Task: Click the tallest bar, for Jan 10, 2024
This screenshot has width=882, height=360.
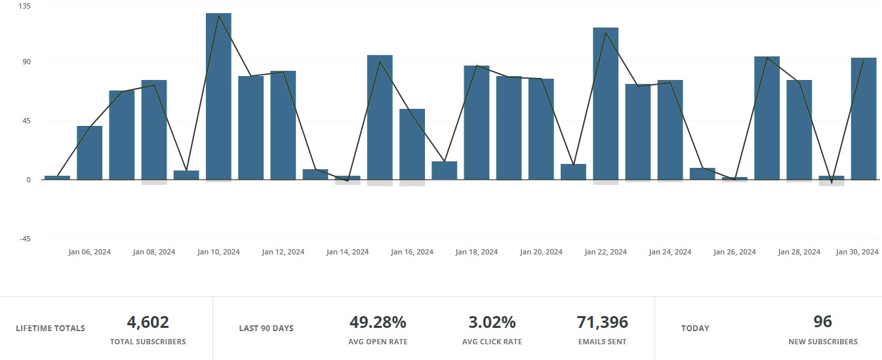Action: point(218,96)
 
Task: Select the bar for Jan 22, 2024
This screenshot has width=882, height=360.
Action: point(605,104)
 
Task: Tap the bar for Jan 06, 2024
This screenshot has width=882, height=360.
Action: point(89,153)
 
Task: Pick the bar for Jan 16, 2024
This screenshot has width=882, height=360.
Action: point(412,144)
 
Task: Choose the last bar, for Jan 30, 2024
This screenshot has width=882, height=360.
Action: point(864,119)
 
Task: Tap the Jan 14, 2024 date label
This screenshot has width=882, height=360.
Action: point(348,252)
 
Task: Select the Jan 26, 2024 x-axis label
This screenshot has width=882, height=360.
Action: point(734,252)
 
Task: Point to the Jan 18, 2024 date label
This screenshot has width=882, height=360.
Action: point(477,252)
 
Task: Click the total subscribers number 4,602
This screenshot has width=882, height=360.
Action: point(148,322)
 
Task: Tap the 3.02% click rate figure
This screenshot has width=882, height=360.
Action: point(492,322)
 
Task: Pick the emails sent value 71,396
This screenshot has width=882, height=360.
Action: point(602,322)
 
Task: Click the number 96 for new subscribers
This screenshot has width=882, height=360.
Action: point(822,322)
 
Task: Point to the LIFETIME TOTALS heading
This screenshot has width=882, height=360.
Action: point(50,328)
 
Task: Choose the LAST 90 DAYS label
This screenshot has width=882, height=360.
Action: point(266,328)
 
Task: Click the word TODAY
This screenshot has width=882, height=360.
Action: point(695,328)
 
